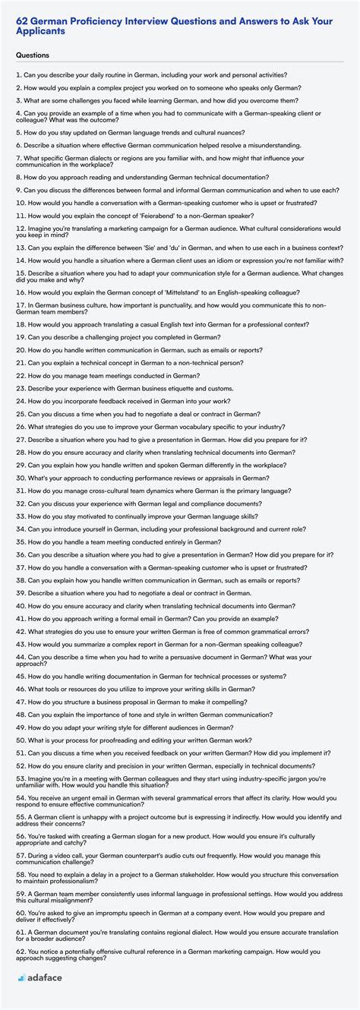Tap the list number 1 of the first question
click(x=17, y=74)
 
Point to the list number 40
click(x=20, y=605)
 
